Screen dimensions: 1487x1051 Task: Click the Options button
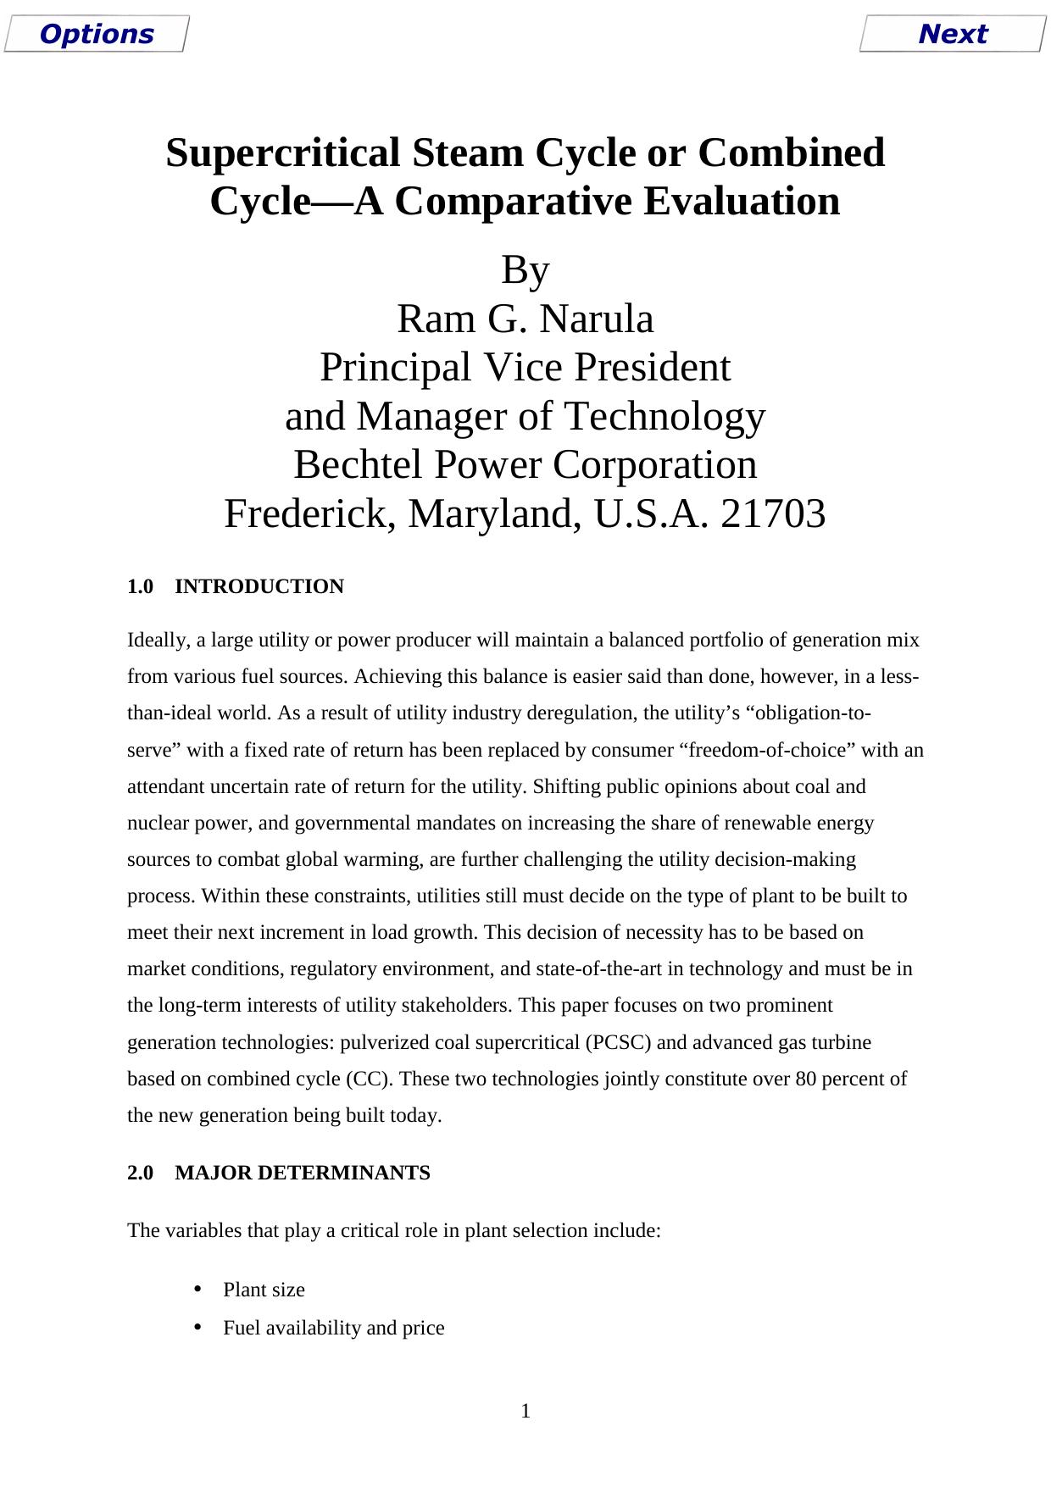point(96,34)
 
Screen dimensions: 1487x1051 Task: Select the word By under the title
point(525,270)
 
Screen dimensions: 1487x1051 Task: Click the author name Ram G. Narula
point(525,319)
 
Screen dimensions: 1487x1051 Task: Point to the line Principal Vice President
point(525,368)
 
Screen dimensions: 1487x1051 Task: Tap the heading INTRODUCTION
point(259,586)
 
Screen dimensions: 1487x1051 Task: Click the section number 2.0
point(140,1173)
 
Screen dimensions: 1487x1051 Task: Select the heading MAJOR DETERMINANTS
point(302,1173)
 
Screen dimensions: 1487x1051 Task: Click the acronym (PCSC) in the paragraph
point(618,1042)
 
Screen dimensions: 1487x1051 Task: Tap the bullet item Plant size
point(264,1290)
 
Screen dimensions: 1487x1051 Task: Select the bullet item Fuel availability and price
point(333,1328)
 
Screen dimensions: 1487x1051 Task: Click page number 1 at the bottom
point(525,1411)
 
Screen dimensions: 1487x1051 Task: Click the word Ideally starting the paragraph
point(158,640)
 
